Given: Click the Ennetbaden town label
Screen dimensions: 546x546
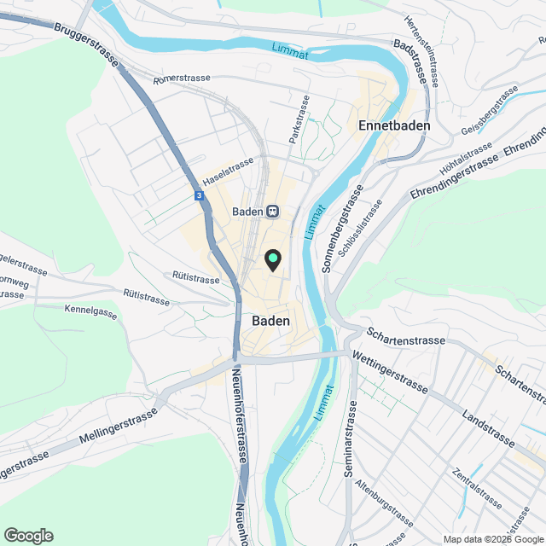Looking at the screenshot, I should point(392,125).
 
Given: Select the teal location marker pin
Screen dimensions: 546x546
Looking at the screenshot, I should point(272,258).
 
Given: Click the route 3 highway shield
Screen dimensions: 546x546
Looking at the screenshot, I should point(199,195).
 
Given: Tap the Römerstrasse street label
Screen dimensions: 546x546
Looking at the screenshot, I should point(181,79).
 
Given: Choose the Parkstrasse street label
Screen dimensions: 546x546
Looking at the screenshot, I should point(299,119).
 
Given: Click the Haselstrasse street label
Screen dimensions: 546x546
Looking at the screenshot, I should point(228,171).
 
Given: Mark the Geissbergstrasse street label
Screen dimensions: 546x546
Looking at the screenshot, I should point(490,118).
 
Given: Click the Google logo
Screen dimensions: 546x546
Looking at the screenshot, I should point(28,535).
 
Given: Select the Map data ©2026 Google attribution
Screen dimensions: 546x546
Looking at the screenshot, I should point(492,538).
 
